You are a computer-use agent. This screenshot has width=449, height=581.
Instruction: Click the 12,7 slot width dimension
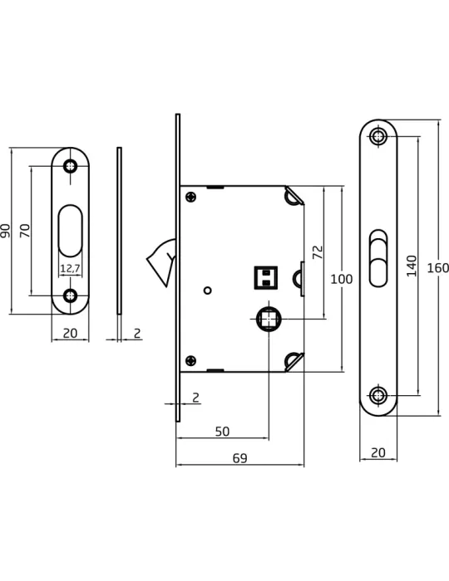click(70, 268)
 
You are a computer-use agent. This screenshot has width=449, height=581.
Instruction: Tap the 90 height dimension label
click(5, 231)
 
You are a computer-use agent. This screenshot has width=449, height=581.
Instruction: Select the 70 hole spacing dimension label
click(24, 231)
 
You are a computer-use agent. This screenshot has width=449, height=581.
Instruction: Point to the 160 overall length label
click(438, 268)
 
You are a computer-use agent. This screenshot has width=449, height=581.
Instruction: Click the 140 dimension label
click(412, 266)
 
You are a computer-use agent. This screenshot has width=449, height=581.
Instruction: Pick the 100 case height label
click(342, 279)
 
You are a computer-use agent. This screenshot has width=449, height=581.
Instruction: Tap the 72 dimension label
click(318, 252)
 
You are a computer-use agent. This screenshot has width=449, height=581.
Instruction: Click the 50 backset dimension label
click(222, 432)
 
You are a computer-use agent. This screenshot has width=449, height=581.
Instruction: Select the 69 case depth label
click(239, 458)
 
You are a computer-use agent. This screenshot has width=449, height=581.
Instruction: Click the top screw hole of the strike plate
click(70, 166)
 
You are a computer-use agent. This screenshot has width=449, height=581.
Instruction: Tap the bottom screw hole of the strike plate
click(70, 295)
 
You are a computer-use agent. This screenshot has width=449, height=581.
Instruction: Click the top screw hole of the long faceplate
click(378, 137)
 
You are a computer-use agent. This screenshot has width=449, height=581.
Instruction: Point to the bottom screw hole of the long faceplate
click(378, 395)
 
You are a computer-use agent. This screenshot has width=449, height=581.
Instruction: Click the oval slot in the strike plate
click(70, 231)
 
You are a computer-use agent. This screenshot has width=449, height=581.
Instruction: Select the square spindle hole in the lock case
click(269, 319)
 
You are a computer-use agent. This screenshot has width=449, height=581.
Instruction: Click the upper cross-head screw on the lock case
click(191, 197)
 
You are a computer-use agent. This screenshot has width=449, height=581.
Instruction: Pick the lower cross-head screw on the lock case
click(190, 360)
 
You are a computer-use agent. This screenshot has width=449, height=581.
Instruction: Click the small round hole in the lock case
click(208, 290)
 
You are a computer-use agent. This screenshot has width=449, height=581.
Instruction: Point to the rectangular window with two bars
click(266, 277)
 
